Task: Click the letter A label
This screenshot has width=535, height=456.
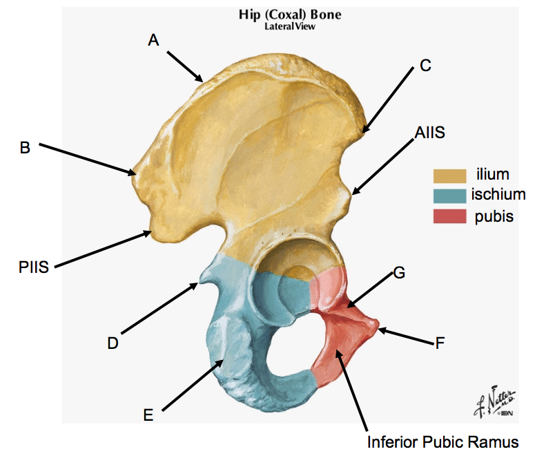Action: coord(153,40)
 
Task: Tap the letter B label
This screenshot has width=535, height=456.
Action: coord(25,147)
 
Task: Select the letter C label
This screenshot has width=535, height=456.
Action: coord(425,66)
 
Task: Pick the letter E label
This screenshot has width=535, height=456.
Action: coord(148,415)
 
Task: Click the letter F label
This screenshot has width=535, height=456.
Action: coord(439,341)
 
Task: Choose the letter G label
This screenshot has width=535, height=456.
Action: coord(399,272)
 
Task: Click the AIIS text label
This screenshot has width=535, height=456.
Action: coord(430,133)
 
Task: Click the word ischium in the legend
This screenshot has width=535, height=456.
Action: coord(498,196)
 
